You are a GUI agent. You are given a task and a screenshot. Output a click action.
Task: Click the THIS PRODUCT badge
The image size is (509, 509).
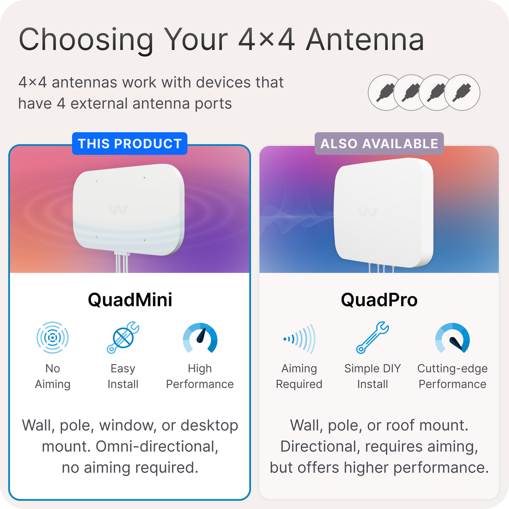(x=130, y=144)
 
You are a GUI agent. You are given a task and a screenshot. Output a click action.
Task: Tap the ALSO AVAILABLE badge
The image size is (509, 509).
(x=379, y=144)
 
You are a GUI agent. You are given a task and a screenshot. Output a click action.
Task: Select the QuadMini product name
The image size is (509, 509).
(x=130, y=300)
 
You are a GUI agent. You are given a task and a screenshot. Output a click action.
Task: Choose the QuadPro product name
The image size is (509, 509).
(x=379, y=300)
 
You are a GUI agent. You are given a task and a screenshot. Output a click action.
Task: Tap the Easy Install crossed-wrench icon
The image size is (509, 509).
(x=123, y=338)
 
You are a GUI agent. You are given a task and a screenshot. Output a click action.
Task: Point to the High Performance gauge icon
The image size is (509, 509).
(x=200, y=338)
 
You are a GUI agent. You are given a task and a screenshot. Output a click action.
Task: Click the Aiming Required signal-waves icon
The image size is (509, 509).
(x=299, y=339)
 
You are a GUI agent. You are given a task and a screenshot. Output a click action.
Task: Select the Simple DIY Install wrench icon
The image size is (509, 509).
(x=372, y=338)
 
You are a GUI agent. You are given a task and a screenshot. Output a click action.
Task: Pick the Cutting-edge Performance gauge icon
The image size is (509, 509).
(x=452, y=338)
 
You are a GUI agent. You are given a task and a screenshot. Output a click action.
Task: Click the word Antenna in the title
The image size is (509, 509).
(x=365, y=40)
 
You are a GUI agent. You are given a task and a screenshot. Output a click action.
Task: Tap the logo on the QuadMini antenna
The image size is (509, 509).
(x=118, y=210)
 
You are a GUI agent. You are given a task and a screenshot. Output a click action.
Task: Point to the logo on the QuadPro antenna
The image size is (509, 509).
(x=368, y=213)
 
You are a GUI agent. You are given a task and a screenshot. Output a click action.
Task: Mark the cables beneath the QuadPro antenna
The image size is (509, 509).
(x=382, y=268)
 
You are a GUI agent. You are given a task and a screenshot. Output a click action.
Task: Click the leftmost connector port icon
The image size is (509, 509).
(x=385, y=92)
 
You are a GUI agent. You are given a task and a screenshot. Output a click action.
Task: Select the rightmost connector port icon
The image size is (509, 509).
(x=462, y=92)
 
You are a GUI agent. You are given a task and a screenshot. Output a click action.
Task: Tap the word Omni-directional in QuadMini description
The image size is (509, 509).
(x=157, y=446)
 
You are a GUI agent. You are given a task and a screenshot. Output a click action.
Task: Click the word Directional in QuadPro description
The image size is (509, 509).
(x=321, y=446)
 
